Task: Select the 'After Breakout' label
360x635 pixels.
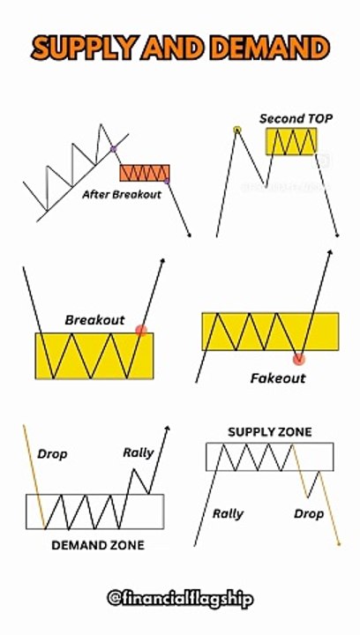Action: click(122, 194)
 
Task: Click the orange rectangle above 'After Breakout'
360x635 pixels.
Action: click(145, 173)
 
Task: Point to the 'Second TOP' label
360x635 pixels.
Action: click(296, 119)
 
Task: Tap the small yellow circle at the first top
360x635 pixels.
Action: click(236, 130)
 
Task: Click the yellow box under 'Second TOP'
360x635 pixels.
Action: click(291, 141)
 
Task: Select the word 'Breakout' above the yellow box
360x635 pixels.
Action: click(94, 320)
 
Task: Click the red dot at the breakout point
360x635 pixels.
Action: click(141, 331)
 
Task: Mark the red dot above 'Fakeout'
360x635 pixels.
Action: click(299, 358)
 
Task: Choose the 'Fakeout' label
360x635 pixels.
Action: click(278, 378)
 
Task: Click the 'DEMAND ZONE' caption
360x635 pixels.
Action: click(98, 545)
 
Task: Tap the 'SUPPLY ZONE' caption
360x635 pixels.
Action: click(270, 432)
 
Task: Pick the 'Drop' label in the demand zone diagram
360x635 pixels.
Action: click(52, 454)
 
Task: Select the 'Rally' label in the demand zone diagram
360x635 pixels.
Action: click(139, 452)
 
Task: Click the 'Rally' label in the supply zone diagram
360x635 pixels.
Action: click(228, 514)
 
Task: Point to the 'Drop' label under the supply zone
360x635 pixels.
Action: click(309, 514)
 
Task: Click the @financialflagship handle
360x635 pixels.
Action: click(180, 599)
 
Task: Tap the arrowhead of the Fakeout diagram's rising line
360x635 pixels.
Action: click(330, 252)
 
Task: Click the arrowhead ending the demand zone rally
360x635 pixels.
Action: click(168, 428)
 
